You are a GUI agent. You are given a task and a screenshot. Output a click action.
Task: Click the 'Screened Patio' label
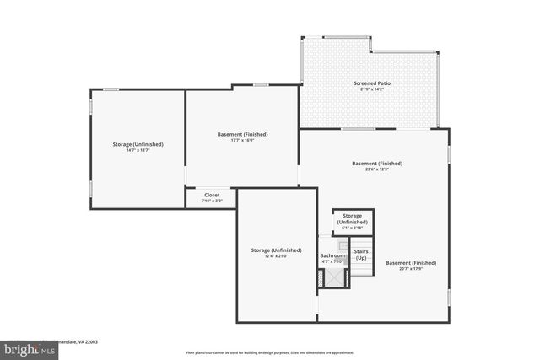[x=371, y=83]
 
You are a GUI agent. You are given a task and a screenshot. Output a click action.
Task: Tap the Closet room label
[x=212, y=195]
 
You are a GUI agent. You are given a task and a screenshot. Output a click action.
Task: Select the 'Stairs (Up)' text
[x=360, y=254]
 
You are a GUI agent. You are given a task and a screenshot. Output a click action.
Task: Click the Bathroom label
[x=332, y=255]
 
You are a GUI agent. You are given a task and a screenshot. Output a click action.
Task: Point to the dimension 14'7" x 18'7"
[x=138, y=150]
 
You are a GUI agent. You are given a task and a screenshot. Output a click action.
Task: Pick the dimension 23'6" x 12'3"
[x=377, y=169]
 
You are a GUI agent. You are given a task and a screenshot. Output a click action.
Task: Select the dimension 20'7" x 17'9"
[x=411, y=269]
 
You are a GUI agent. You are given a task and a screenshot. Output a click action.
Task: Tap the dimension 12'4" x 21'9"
[x=276, y=256]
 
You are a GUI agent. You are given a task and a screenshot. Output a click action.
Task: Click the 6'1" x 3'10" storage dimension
[x=352, y=228]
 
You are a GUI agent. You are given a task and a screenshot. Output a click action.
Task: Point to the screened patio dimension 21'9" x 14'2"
[x=371, y=89]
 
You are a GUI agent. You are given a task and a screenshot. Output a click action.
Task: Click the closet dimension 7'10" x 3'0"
[x=212, y=201]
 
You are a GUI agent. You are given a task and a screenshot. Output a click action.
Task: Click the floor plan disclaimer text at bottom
[x=270, y=352]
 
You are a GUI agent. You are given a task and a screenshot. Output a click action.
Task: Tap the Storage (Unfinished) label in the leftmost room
[x=138, y=144]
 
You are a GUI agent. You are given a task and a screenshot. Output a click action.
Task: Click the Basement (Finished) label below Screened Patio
[x=377, y=163]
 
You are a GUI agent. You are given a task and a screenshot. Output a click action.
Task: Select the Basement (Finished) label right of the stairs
[x=411, y=262]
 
